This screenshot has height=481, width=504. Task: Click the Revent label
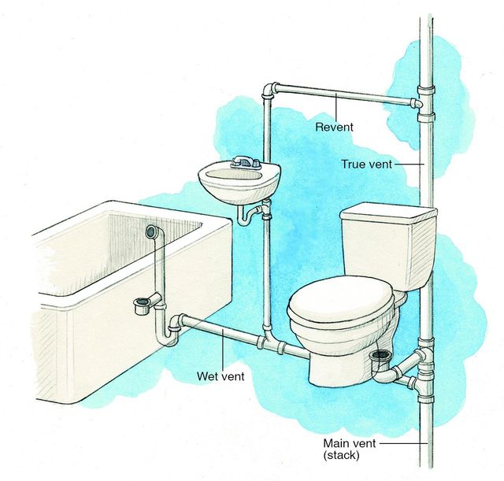[335, 126]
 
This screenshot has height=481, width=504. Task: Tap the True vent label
[367, 165]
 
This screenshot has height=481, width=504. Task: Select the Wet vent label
[220, 376]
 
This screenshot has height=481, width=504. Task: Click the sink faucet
[246, 163]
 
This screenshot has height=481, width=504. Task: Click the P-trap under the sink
[254, 213]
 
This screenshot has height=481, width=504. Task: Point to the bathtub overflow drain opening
[151, 231]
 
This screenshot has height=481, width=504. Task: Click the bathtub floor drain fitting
[144, 304]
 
